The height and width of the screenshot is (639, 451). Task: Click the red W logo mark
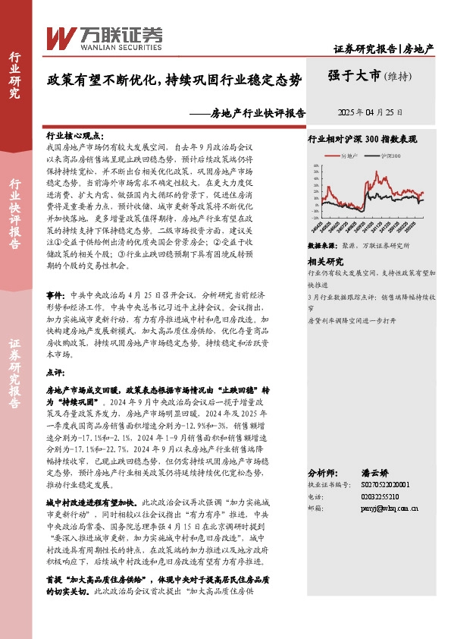[x=59, y=36]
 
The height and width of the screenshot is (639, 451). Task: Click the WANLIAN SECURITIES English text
[x=108, y=44]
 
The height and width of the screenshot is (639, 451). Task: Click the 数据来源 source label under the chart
[x=319, y=247]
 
